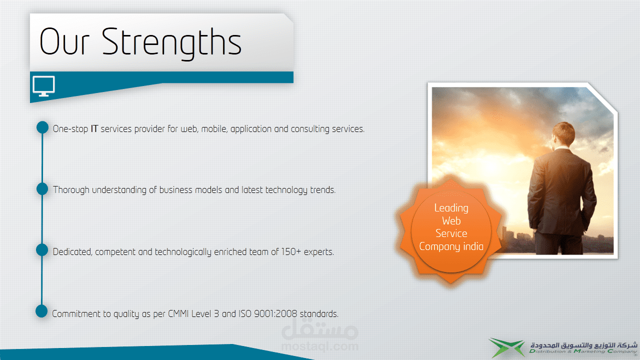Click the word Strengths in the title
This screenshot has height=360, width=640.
tap(171, 43)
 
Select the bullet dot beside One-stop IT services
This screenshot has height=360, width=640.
tap(42, 127)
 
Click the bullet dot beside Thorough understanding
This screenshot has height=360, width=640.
tap(42, 189)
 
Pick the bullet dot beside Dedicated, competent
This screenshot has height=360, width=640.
tap(42, 249)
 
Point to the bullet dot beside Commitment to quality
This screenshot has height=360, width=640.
tap(41, 311)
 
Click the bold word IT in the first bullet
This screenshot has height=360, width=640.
tap(94, 129)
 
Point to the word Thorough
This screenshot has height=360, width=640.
tap(71, 190)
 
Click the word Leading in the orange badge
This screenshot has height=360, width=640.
tap(451, 208)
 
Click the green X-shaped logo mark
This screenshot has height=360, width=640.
tap(506, 347)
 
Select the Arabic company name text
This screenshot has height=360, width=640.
tap(583, 345)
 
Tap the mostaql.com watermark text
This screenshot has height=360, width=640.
tap(319, 346)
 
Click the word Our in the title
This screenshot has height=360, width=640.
tap(64, 41)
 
